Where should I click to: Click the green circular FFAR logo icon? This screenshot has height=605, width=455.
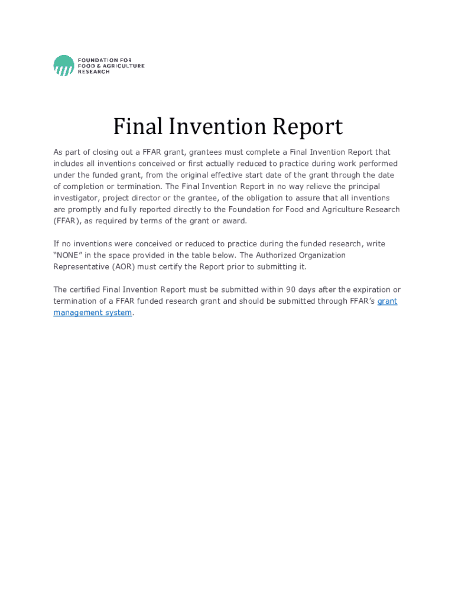[64, 65]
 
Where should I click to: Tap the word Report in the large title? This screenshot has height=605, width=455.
[307, 127]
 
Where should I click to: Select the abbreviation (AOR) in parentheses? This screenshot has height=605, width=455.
[121, 266]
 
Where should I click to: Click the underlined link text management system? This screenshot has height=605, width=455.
[93, 313]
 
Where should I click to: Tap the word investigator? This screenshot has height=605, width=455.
[76, 198]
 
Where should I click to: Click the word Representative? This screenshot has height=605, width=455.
[80, 266]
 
